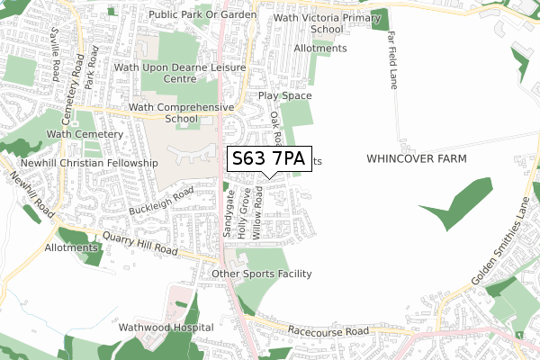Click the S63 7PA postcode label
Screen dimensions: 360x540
(x=269, y=159)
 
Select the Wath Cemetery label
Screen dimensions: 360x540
(x=85, y=134)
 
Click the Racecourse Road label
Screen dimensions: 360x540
(x=329, y=331)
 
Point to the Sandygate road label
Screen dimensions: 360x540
(x=229, y=213)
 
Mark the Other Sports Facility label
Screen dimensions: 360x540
(x=261, y=274)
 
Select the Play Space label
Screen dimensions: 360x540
(x=284, y=95)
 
